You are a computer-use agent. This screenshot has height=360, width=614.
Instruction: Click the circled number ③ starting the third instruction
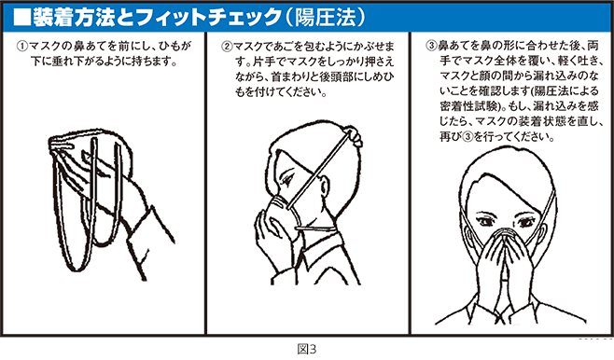[x=430, y=44]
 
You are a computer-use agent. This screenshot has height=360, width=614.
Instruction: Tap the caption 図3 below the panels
[x=306, y=350]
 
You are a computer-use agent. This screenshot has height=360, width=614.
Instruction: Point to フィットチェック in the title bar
[x=192, y=16]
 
